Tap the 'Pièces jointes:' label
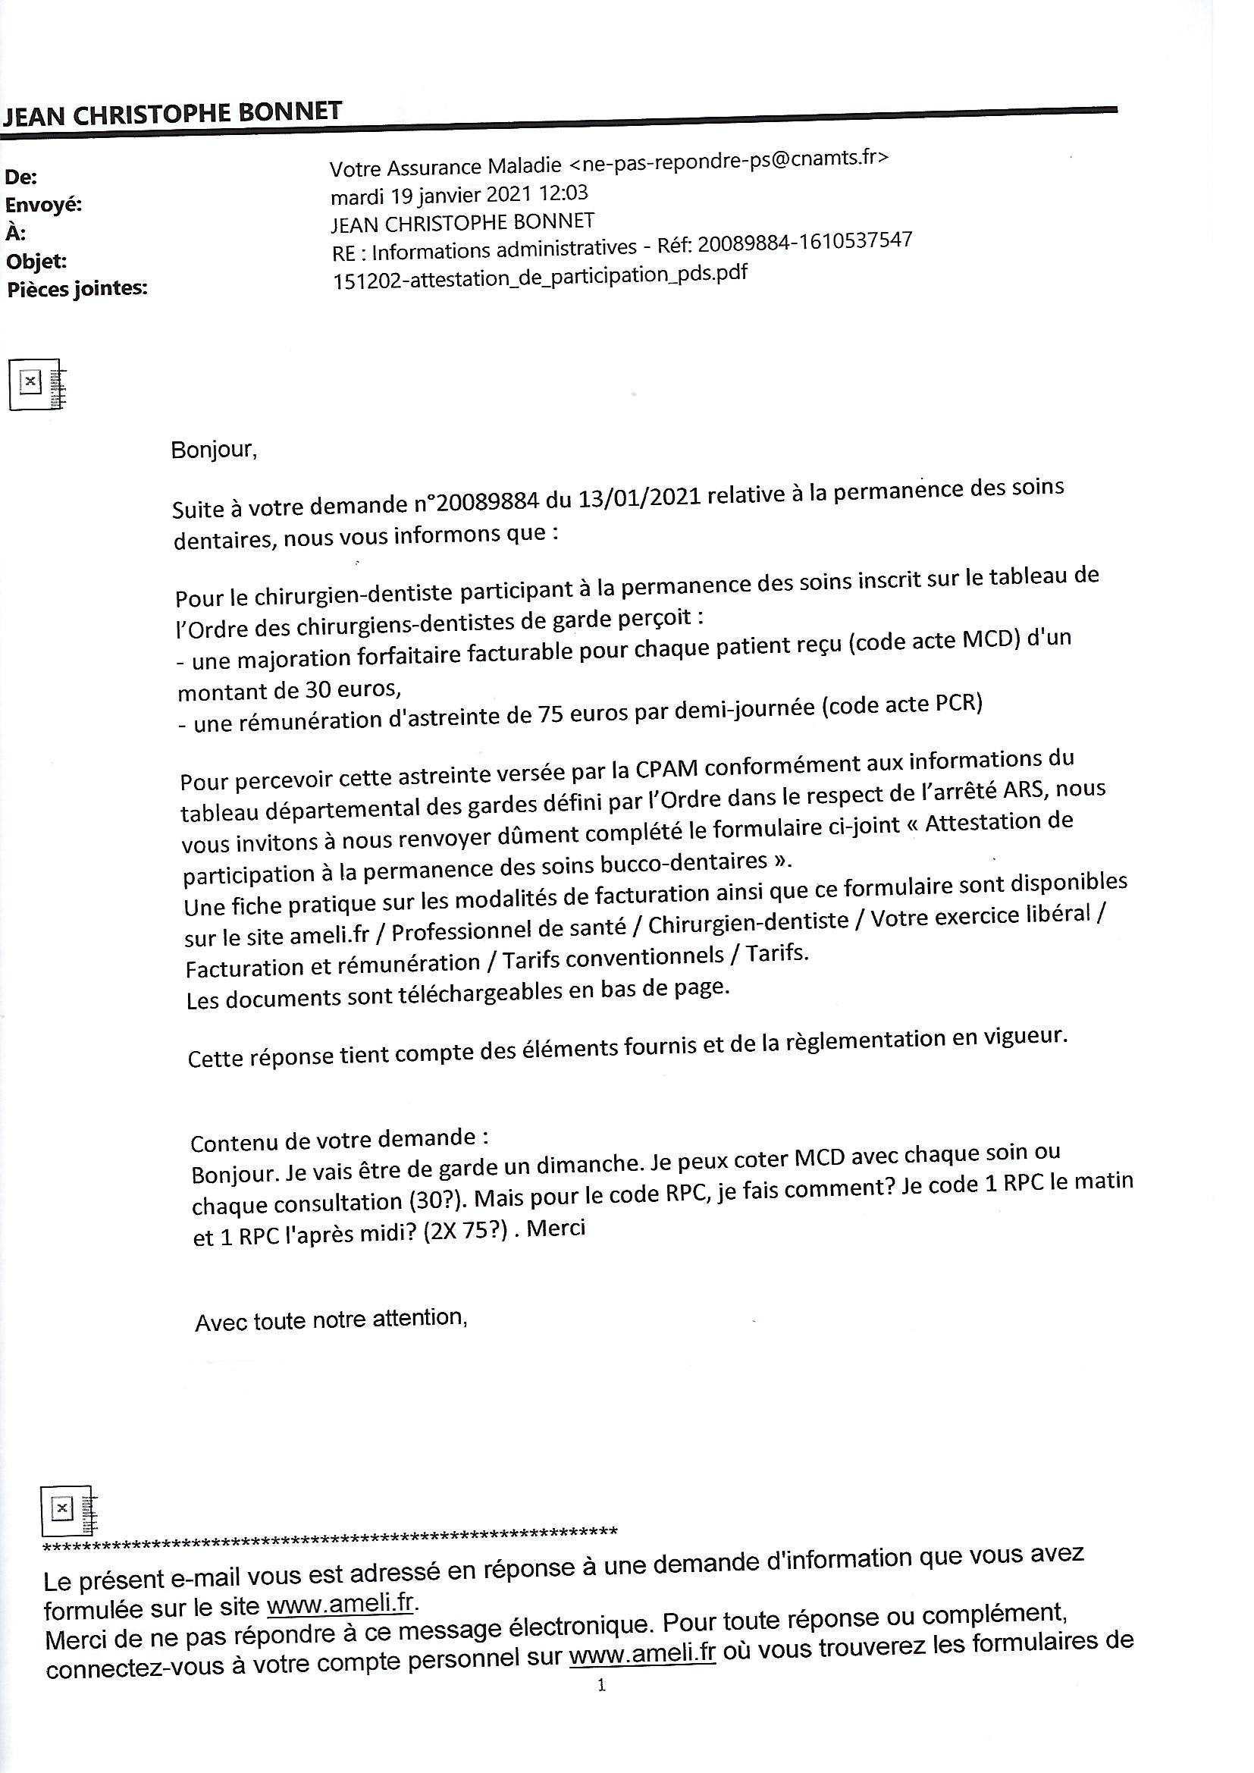click(x=77, y=290)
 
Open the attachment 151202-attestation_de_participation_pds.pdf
click(x=540, y=277)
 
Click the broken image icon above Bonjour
click(x=36, y=384)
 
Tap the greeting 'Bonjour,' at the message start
click(x=213, y=450)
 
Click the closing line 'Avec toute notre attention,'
click(x=331, y=1320)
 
